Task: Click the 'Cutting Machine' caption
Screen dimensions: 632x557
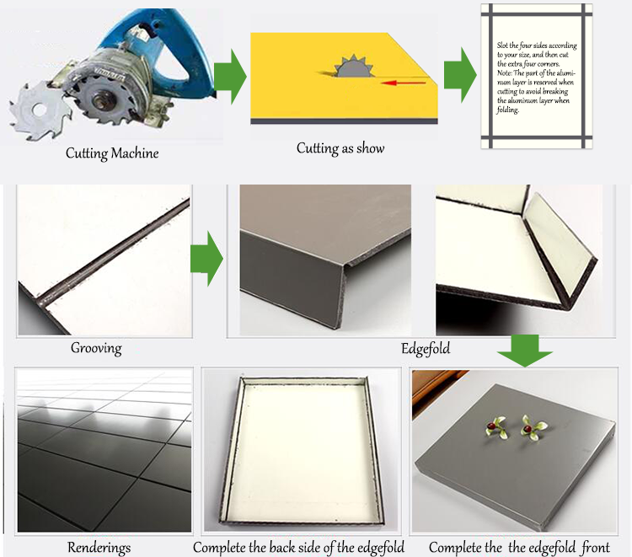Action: click(x=112, y=153)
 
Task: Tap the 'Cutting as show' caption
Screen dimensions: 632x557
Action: click(x=340, y=148)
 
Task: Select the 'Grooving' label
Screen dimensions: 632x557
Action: click(x=96, y=347)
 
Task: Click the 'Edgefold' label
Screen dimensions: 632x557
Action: click(x=426, y=346)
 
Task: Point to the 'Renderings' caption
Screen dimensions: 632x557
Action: click(x=99, y=548)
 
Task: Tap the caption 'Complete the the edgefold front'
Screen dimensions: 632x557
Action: click(x=519, y=548)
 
